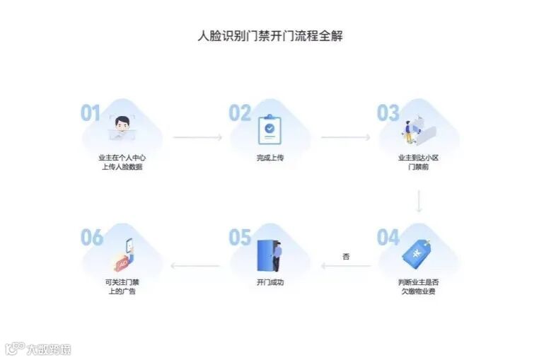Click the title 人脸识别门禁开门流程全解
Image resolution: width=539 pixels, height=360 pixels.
coord(269,36)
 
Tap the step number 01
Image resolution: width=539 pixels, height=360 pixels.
coord(91,113)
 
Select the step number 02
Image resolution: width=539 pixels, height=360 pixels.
coord(240,113)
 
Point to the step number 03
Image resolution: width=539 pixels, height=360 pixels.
coord(388,113)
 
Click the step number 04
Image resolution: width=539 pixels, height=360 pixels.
coord(388,238)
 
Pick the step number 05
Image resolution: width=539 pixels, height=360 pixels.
coord(240,238)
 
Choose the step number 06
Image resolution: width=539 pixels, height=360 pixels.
coord(91,238)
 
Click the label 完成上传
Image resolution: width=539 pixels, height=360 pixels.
coord(269,158)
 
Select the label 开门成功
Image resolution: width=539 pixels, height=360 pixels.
coord(269,282)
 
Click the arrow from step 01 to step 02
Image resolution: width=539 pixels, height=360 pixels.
coord(197,137)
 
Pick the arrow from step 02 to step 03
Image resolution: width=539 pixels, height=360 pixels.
coord(345,137)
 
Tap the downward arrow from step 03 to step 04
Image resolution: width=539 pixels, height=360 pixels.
coord(419,201)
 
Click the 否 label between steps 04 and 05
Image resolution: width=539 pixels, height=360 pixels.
coord(346,256)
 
